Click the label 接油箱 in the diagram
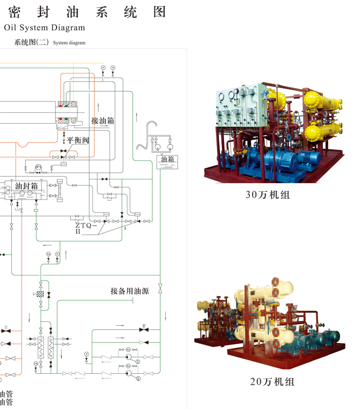[103, 120]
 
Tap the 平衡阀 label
[78, 140]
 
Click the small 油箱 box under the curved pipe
[167, 160]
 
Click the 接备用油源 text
[130, 291]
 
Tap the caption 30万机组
[268, 194]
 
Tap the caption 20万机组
[273, 382]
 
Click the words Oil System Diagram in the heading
[45, 28]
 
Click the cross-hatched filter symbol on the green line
[40, 294]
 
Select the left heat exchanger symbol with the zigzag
[40, 346]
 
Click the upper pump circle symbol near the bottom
[128, 357]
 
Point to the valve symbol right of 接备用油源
[160, 291]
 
